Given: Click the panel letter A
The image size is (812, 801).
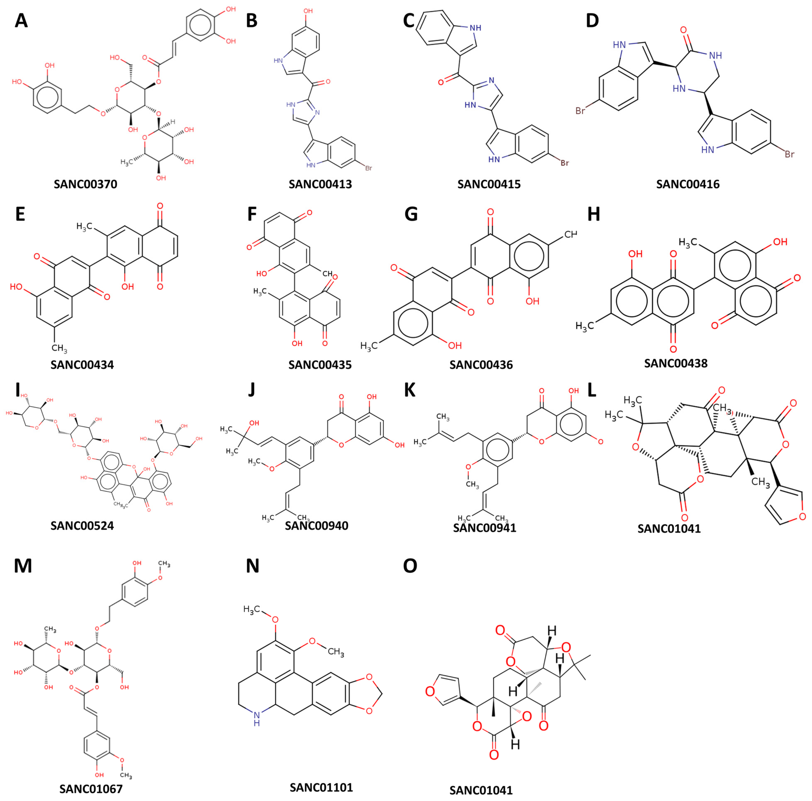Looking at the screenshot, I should (21, 20).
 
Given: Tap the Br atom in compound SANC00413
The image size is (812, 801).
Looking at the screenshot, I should (368, 168).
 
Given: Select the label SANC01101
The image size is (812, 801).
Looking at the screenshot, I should (321, 775).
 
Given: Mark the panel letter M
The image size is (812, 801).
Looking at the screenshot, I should (23, 566).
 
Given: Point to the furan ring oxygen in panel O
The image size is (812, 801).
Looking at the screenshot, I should (430, 690).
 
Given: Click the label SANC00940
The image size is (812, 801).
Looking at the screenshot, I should (317, 526).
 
